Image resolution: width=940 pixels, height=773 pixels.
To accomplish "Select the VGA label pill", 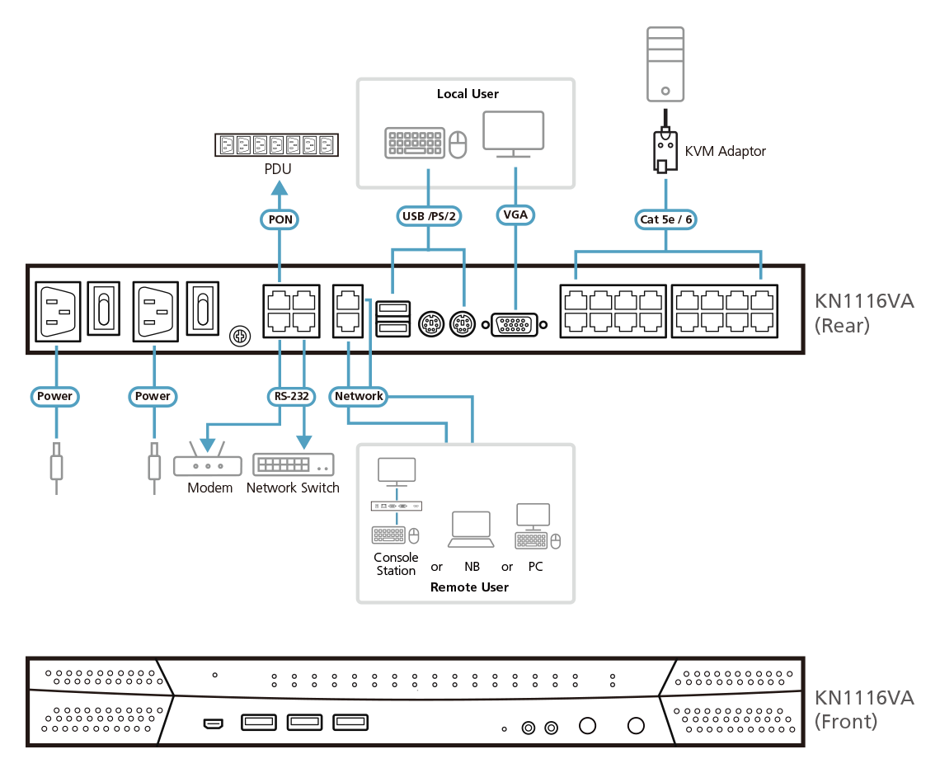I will [x=515, y=215].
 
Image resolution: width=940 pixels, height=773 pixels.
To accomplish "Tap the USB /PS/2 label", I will [x=429, y=216].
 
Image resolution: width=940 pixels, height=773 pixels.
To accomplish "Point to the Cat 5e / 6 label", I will [x=665, y=219].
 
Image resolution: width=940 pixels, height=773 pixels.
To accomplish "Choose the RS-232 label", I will [x=291, y=396].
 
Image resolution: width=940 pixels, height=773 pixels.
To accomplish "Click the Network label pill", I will [x=359, y=396].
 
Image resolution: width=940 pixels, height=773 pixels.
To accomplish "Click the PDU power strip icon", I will [x=277, y=146].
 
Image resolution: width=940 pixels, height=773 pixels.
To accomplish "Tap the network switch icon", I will [x=293, y=464].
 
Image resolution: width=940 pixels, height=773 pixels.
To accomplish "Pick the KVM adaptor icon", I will [x=665, y=151].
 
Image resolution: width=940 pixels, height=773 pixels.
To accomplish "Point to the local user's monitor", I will [x=513, y=134].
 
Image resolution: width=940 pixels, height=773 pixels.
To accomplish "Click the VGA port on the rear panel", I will [x=517, y=325].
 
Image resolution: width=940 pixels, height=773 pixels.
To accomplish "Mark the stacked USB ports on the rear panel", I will [x=392, y=318].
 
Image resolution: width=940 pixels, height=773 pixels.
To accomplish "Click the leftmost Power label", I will [x=55, y=396].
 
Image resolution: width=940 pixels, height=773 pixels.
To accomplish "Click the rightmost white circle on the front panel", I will [x=636, y=726].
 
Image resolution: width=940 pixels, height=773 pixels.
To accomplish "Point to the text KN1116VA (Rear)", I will [x=863, y=313].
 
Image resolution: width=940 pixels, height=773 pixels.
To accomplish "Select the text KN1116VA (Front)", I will [x=863, y=709].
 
